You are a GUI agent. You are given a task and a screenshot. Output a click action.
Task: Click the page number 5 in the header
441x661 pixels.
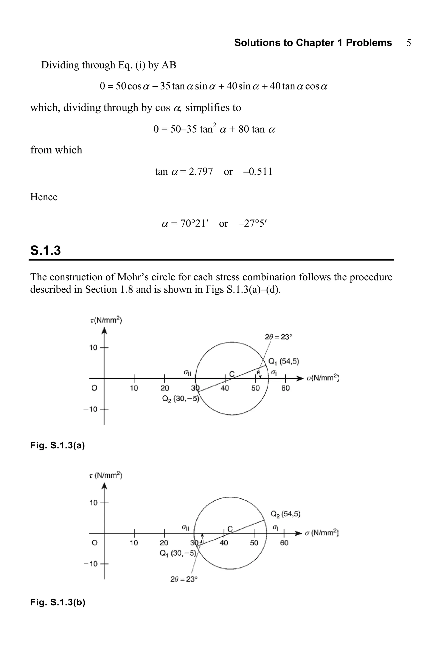[409, 43]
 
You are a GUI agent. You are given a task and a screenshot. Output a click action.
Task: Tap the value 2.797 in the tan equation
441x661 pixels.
[201, 171]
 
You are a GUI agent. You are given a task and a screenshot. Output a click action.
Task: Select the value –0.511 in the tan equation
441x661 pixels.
[258, 171]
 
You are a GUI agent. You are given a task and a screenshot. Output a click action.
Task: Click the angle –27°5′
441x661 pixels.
[252, 223]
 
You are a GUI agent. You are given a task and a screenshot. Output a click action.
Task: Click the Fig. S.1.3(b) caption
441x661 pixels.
[58, 602]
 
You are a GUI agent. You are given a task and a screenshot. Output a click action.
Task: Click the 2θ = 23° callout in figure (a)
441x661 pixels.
[278, 337]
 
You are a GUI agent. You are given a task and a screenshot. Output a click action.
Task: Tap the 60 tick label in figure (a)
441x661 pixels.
[286, 388]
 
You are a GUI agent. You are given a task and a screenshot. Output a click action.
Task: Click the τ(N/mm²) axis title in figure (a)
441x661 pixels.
[106, 320]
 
